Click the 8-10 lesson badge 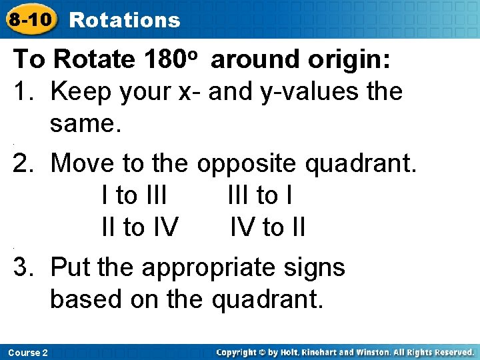coord(29,19)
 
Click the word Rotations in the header coord(125,20)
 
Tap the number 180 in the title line coord(166,59)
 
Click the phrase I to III coord(134,195)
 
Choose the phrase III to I coord(260,195)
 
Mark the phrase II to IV coord(139,227)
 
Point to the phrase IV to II coord(267,227)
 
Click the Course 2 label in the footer coord(29,352)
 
